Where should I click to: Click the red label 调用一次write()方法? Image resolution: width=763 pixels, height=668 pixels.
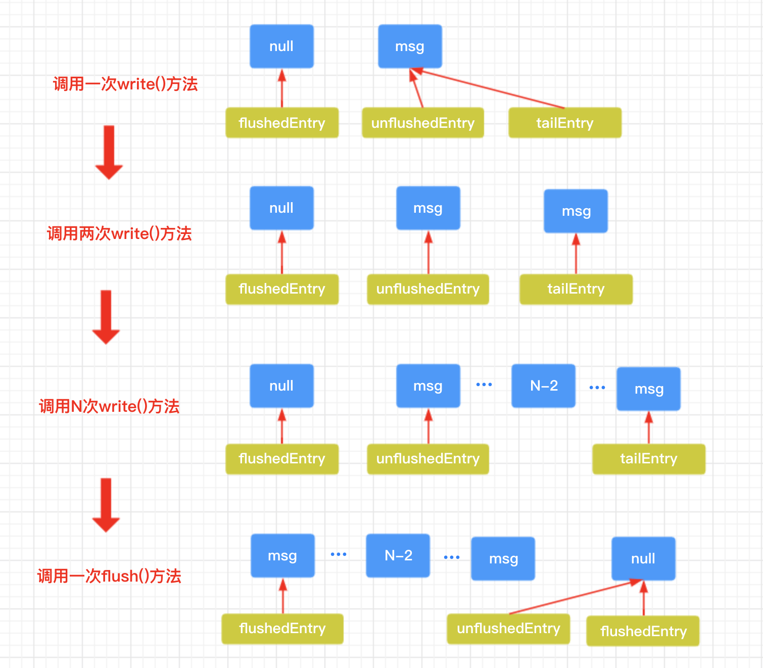pos(125,84)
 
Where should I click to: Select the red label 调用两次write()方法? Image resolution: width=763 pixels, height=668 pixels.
pos(119,233)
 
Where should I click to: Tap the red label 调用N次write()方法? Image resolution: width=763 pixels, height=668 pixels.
pos(109,406)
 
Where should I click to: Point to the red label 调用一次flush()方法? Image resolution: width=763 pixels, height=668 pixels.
pos(109,576)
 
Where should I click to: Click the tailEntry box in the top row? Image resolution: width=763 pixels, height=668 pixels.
pos(564,123)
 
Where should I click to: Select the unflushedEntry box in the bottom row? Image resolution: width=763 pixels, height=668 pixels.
pos(508,629)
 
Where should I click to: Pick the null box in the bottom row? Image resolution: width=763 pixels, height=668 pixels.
pos(643,558)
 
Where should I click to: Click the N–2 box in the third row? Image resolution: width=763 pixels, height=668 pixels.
pos(543,386)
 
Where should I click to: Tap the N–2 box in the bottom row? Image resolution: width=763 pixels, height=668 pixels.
pos(398,556)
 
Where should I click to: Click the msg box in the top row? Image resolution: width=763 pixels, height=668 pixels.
pos(410,46)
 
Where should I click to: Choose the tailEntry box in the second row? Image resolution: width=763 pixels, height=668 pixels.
pos(576,289)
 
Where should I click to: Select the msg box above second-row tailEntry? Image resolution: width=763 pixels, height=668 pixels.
pos(576,211)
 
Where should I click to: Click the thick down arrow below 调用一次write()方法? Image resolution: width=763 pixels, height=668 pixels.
pos(109,152)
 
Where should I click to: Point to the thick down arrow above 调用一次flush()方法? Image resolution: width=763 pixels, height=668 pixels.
pos(106,505)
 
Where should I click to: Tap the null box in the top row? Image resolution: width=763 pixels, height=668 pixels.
pos(281,46)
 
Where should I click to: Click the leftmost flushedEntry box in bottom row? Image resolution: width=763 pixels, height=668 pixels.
pos(282,629)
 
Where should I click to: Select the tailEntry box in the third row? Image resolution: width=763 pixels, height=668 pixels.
pos(648,459)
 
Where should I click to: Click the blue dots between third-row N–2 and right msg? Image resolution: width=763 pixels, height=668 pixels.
pos(597,388)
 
